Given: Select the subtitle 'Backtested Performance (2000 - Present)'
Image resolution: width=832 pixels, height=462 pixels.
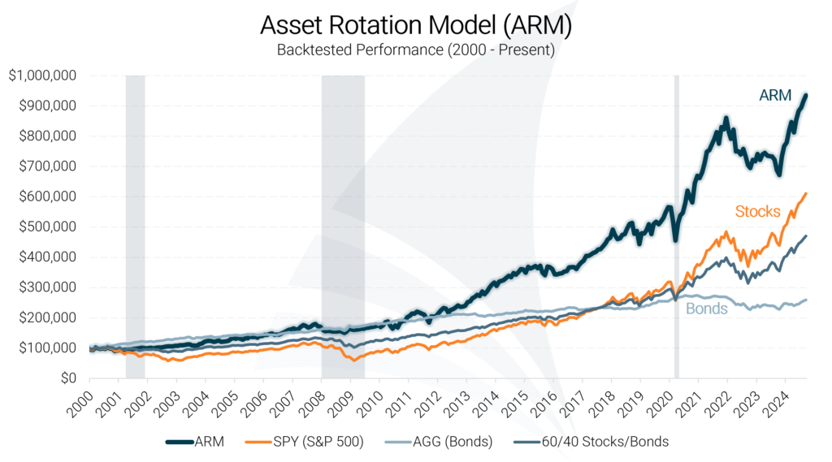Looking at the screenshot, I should click(416, 50).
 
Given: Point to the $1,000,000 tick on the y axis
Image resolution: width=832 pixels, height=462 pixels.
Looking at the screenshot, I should click(43, 76).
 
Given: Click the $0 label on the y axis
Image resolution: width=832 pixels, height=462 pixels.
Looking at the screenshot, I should click(67, 378).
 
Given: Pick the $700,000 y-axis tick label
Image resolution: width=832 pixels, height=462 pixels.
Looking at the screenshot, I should click(47, 166).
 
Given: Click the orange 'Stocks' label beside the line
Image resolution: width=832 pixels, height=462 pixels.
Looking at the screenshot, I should click(757, 212).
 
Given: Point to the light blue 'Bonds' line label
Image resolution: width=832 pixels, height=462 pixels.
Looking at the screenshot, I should click(706, 309).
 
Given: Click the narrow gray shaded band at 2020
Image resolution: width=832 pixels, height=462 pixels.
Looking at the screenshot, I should click(676, 227).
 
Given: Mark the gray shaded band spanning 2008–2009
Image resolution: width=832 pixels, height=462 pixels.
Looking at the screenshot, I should click(343, 227).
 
